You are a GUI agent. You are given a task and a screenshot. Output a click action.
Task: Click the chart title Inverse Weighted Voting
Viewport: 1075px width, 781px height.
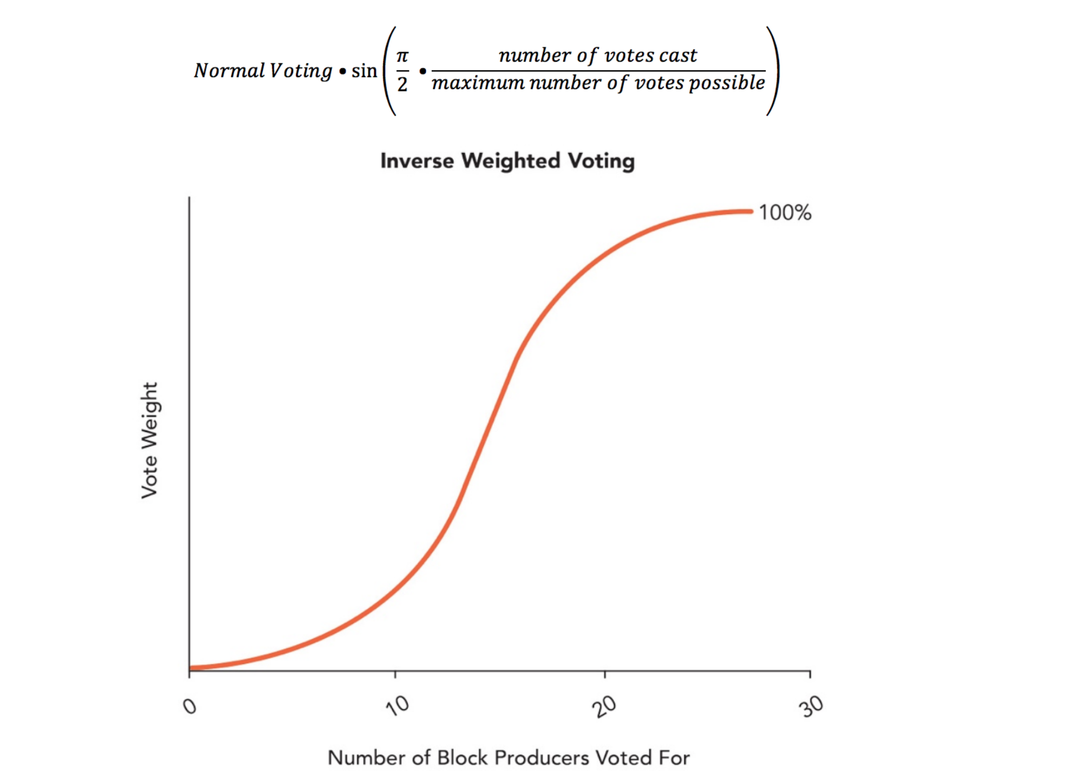(x=507, y=161)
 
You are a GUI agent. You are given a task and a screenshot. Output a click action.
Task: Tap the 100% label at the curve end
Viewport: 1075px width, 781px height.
(x=785, y=212)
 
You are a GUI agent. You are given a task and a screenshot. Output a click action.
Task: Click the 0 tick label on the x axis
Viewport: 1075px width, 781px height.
(x=190, y=707)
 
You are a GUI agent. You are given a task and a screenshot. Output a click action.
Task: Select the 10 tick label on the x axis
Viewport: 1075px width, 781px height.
(x=398, y=706)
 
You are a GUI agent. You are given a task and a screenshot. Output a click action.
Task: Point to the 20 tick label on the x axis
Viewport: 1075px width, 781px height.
(x=604, y=707)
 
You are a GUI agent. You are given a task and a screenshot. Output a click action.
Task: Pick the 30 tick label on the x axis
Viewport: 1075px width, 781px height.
(x=811, y=706)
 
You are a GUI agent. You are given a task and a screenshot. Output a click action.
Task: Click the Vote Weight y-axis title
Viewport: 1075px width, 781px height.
(x=149, y=440)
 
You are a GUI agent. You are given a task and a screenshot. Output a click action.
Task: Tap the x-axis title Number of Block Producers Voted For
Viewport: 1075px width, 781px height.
(x=508, y=758)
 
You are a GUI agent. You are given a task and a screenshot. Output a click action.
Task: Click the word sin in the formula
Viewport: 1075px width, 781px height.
(x=364, y=71)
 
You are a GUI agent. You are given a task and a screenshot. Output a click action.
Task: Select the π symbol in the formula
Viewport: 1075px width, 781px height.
(x=402, y=56)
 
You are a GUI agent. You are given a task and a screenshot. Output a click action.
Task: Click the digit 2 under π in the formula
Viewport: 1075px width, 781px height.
(x=402, y=84)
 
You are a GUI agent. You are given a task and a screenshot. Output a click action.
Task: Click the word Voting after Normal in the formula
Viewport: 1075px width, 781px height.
(x=300, y=71)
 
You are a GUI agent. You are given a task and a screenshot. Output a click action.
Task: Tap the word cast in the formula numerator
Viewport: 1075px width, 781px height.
(x=679, y=55)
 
